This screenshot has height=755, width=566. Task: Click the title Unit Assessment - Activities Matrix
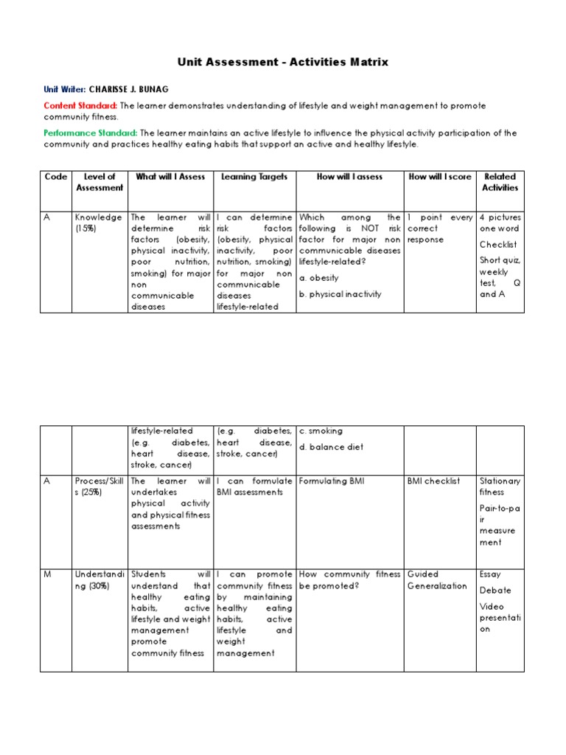coord(282,62)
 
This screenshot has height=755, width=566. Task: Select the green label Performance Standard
coord(89,133)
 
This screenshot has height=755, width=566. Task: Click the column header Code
coord(56,176)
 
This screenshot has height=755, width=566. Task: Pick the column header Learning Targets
coord(254,176)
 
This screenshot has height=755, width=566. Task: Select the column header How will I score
coord(439,176)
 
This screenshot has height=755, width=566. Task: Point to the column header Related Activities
coord(500,182)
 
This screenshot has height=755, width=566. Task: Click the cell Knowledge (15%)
coord(98,223)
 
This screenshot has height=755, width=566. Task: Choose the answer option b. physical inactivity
coord(340,293)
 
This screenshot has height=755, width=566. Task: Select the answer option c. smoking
coord(321,431)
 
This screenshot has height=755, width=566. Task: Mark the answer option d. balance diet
coord(331,447)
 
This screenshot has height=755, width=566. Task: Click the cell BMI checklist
coord(433,481)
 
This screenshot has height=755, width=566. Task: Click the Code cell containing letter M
coord(46,574)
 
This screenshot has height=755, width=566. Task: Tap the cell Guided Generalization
coord(437,580)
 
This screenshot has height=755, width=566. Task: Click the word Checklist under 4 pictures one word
coord(498,244)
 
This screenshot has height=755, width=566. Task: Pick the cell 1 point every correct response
coord(439,229)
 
